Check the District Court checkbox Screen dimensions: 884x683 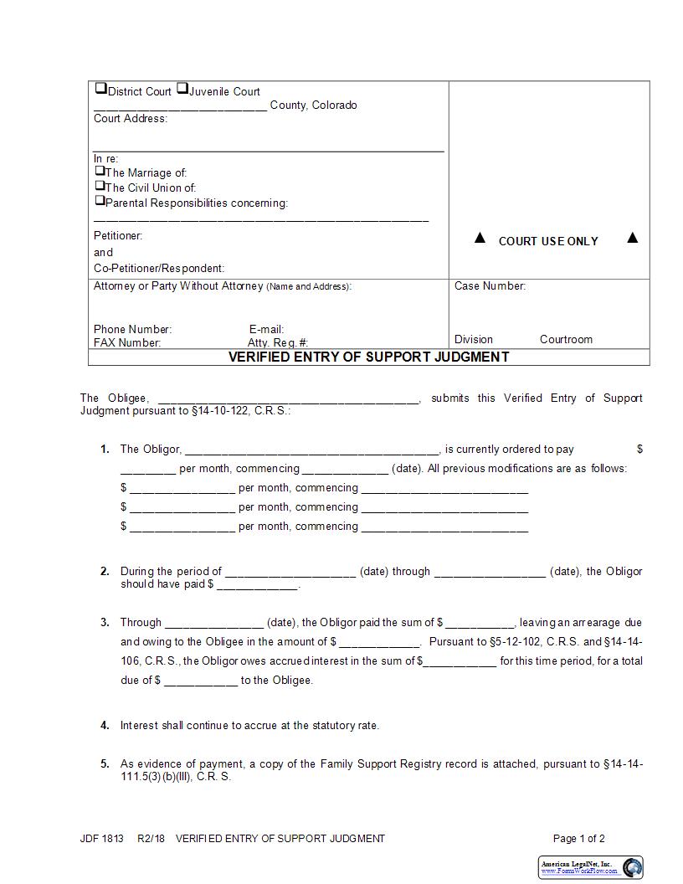100,88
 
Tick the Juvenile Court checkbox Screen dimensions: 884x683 182,88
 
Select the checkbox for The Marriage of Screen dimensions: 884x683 100,171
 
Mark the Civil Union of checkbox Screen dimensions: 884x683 100,186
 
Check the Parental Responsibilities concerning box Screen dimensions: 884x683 100,201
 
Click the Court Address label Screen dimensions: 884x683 131,119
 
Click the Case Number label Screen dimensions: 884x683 490,286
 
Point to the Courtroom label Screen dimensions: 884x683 566,340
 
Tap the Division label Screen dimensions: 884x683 474,340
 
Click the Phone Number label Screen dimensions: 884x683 132,330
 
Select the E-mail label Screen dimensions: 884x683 266,330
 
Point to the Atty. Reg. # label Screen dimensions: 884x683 278,342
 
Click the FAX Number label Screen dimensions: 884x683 127,342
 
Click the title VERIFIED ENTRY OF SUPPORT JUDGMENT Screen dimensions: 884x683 369,357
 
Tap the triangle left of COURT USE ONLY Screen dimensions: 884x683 480,239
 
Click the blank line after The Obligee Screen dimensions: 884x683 288,399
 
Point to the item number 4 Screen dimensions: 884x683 105,726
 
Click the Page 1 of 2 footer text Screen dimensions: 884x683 578,839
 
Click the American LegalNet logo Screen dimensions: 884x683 590,867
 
